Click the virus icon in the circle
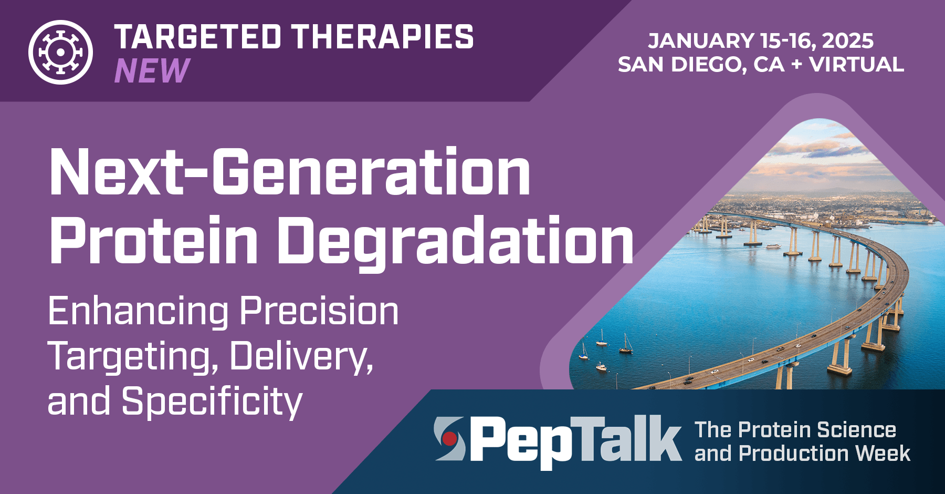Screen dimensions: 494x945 (x=60, y=52)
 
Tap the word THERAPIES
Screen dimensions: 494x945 (x=383, y=37)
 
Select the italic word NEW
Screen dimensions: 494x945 (x=152, y=71)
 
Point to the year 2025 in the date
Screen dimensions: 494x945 (x=848, y=41)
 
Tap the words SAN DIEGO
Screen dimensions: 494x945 (x=682, y=65)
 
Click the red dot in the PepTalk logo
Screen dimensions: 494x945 (x=449, y=438)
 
